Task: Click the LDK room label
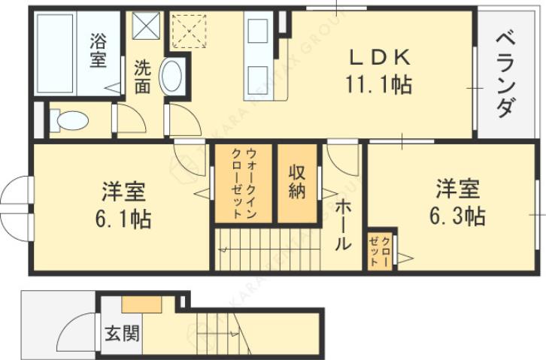[378, 58]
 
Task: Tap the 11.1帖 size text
[378, 84]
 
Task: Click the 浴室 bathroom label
[98, 50]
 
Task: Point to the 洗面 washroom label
[141, 76]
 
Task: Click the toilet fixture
[68, 119]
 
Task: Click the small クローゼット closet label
[380, 250]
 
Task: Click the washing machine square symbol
[147, 27]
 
